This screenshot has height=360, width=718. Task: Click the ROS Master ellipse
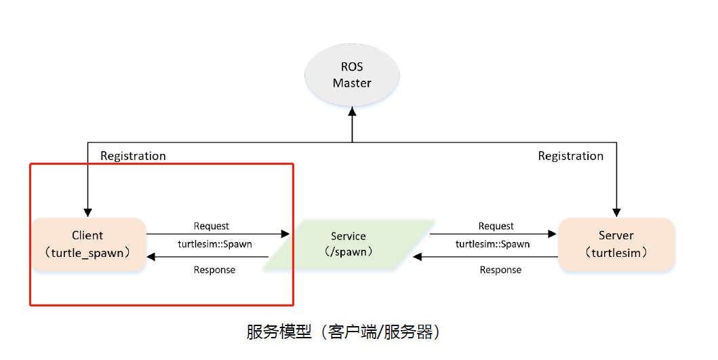coord(352,75)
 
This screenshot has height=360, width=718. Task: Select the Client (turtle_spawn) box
coord(88,244)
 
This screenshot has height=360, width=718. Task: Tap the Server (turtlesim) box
coord(616,244)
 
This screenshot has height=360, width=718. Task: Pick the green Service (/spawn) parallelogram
coord(348,245)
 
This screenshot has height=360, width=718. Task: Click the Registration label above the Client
coord(133,156)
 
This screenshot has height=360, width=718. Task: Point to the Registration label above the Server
coord(570,156)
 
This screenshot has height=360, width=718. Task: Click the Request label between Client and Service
coord(212,226)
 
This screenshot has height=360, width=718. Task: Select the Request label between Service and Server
coord(496,226)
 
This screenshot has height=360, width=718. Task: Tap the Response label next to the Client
coord(214,270)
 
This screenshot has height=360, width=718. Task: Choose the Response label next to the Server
coord(500,270)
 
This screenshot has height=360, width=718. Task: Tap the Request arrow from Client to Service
coord(217,234)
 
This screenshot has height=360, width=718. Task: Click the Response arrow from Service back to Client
coord(217,256)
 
